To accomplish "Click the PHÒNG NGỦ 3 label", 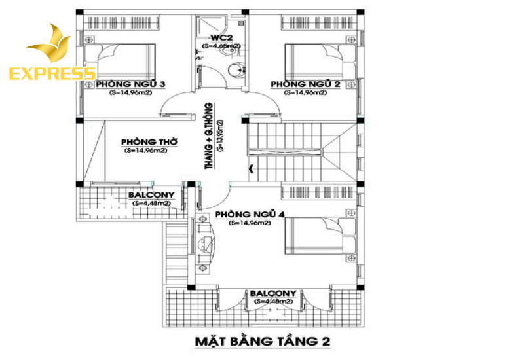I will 130,84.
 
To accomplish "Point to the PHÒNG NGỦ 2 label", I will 305,84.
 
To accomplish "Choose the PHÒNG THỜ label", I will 150,141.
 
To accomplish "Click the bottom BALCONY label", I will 272,293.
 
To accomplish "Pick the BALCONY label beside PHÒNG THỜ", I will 151,195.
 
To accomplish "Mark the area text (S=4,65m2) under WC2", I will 221,46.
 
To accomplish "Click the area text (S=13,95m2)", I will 220,136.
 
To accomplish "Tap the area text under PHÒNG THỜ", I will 145,151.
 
